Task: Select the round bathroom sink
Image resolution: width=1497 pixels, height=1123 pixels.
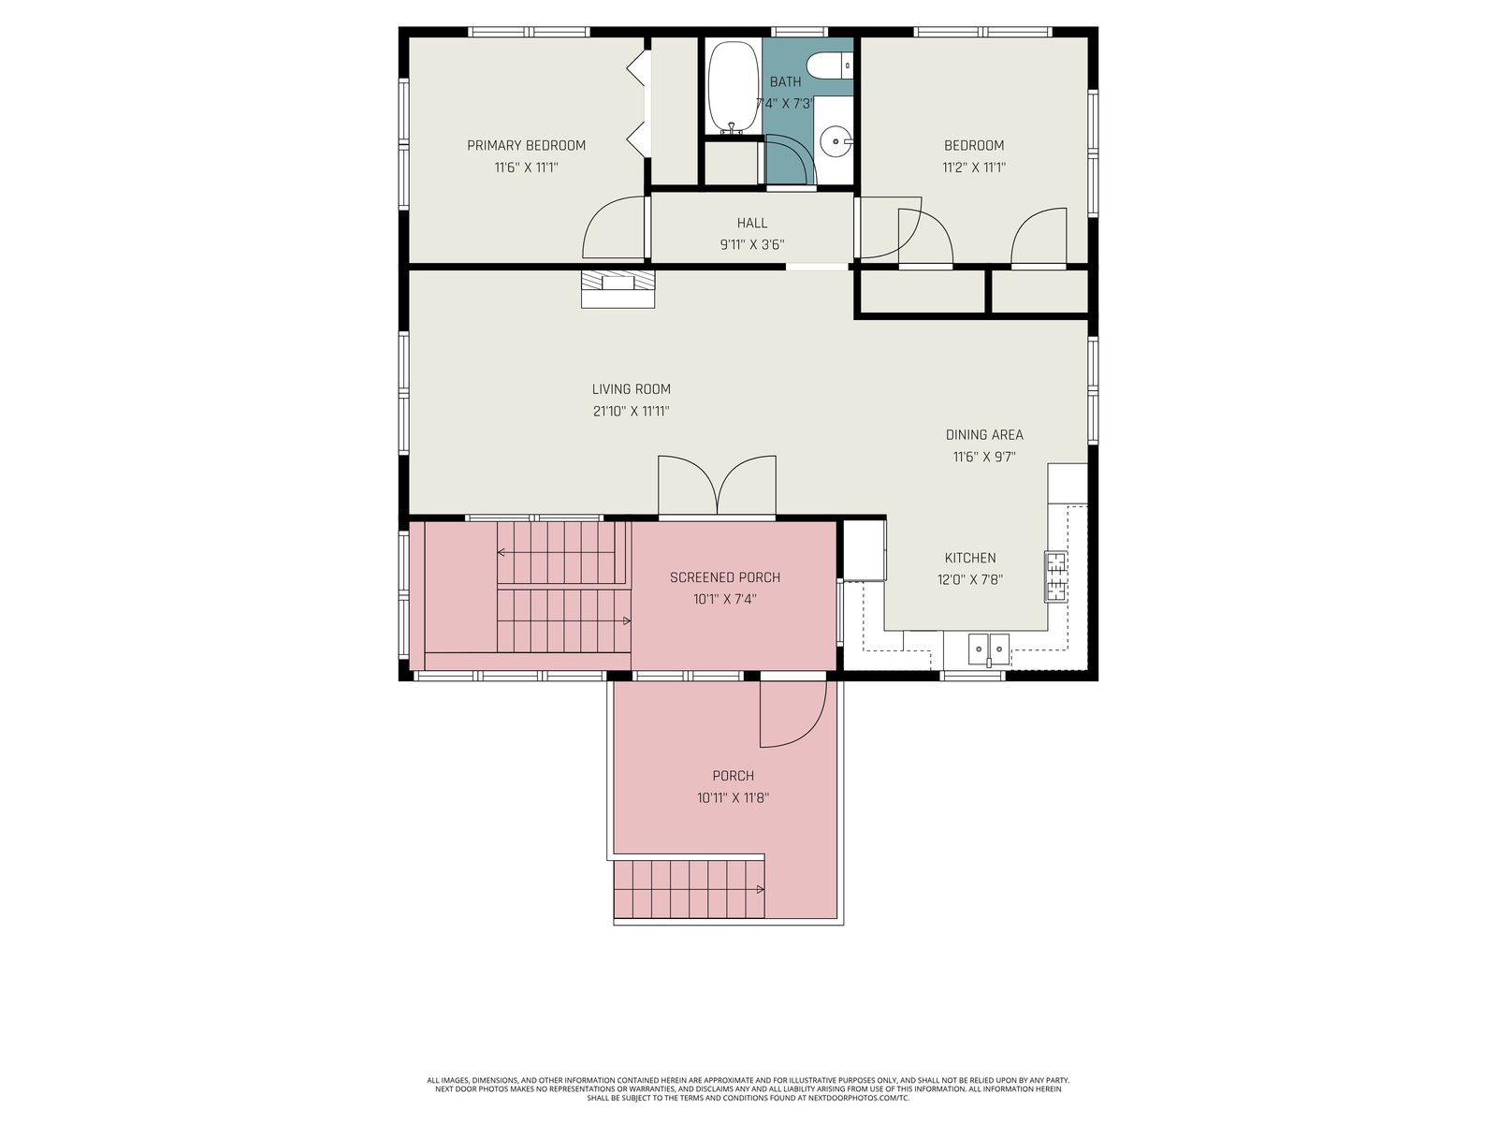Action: [x=835, y=142]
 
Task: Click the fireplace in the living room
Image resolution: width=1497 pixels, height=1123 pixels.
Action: [x=618, y=289]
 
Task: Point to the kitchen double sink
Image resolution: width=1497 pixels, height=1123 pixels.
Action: [x=988, y=649]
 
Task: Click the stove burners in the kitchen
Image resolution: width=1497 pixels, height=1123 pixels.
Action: [x=1055, y=576]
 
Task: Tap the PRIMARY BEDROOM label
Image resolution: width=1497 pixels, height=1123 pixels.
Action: [x=526, y=145]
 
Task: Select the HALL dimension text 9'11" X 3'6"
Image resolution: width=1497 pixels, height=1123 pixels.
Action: [x=751, y=245]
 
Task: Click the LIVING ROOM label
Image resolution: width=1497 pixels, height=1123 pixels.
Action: [x=631, y=389]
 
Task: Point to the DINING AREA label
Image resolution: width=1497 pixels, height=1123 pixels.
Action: [x=984, y=435]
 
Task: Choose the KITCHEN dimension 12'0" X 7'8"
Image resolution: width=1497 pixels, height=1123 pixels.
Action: [x=970, y=580]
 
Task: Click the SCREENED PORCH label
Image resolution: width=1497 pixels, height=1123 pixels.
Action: [x=725, y=577]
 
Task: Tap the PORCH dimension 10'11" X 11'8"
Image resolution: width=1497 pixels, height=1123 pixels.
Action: [x=734, y=797]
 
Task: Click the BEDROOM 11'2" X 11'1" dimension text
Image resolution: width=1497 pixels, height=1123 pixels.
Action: [x=974, y=168]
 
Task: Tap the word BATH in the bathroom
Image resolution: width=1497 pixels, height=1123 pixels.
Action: [x=785, y=81]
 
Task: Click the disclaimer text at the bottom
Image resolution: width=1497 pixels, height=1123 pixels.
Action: [x=748, y=1088]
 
